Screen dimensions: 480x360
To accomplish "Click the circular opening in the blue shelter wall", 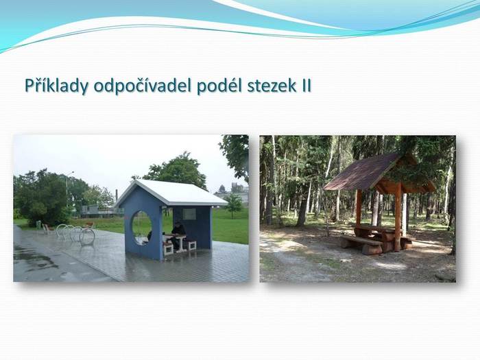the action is pyautogui.click(x=142, y=227).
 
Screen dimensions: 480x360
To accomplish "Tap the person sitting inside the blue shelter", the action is pyautogui.click(x=177, y=235).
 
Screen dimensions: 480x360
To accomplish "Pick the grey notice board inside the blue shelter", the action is pyautogui.click(x=189, y=214).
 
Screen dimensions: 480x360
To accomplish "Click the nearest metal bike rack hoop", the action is pyautogui.click(x=87, y=236).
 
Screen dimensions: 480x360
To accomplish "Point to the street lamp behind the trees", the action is pyautogui.click(x=67, y=189).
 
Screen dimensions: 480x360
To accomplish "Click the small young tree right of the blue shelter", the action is pyautogui.click(x=234, y=204).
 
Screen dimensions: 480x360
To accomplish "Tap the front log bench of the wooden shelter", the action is pyautogui.click(x=362, y=244).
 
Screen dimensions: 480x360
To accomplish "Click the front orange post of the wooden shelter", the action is pyautogui.click(x=398, y=217).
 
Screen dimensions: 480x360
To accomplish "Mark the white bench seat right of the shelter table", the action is pyautogui.click(x=191, y=244).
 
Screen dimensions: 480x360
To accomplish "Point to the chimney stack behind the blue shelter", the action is pyautogui.click(x=117, y=196).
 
